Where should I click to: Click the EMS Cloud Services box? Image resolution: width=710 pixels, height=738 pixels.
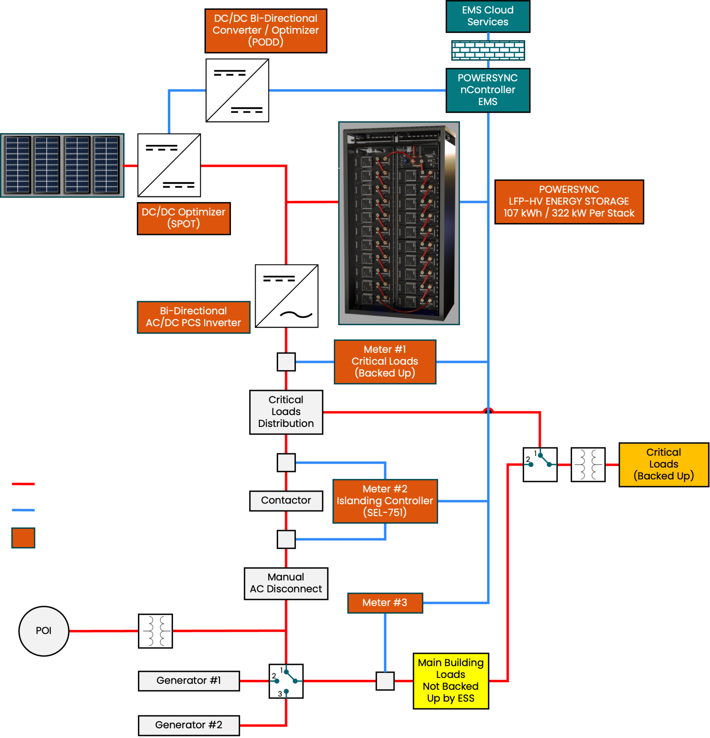[488, 16]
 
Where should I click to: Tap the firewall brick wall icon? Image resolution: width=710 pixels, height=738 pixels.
[488, 51]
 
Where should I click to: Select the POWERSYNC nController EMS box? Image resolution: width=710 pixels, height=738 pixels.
[488, 90]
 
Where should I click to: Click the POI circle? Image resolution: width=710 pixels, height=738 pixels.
[44, 631]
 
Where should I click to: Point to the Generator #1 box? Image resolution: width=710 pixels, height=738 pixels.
[189, 681]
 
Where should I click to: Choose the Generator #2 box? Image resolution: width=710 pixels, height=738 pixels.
[189, 725]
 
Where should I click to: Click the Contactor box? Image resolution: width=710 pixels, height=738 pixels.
[286, 500]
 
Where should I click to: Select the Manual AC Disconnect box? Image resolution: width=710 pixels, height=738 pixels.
[286, 583]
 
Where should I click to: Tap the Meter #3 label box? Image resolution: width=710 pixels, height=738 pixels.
[385, 603]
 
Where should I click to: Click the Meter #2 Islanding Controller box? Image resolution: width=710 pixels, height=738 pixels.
[385, 501]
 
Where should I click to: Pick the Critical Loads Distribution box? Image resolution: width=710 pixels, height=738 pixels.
[286, 412]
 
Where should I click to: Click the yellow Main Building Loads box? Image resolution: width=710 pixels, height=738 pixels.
[450, 681]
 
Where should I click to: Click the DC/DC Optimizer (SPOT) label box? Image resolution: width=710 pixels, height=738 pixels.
[183, 218]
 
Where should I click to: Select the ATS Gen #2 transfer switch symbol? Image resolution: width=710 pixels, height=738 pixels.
[286, 681]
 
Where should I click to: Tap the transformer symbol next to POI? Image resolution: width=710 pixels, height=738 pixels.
[155, 631]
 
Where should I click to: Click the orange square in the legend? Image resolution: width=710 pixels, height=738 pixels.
[23, 537]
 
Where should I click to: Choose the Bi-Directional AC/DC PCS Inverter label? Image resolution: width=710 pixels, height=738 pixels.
[193, 317]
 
